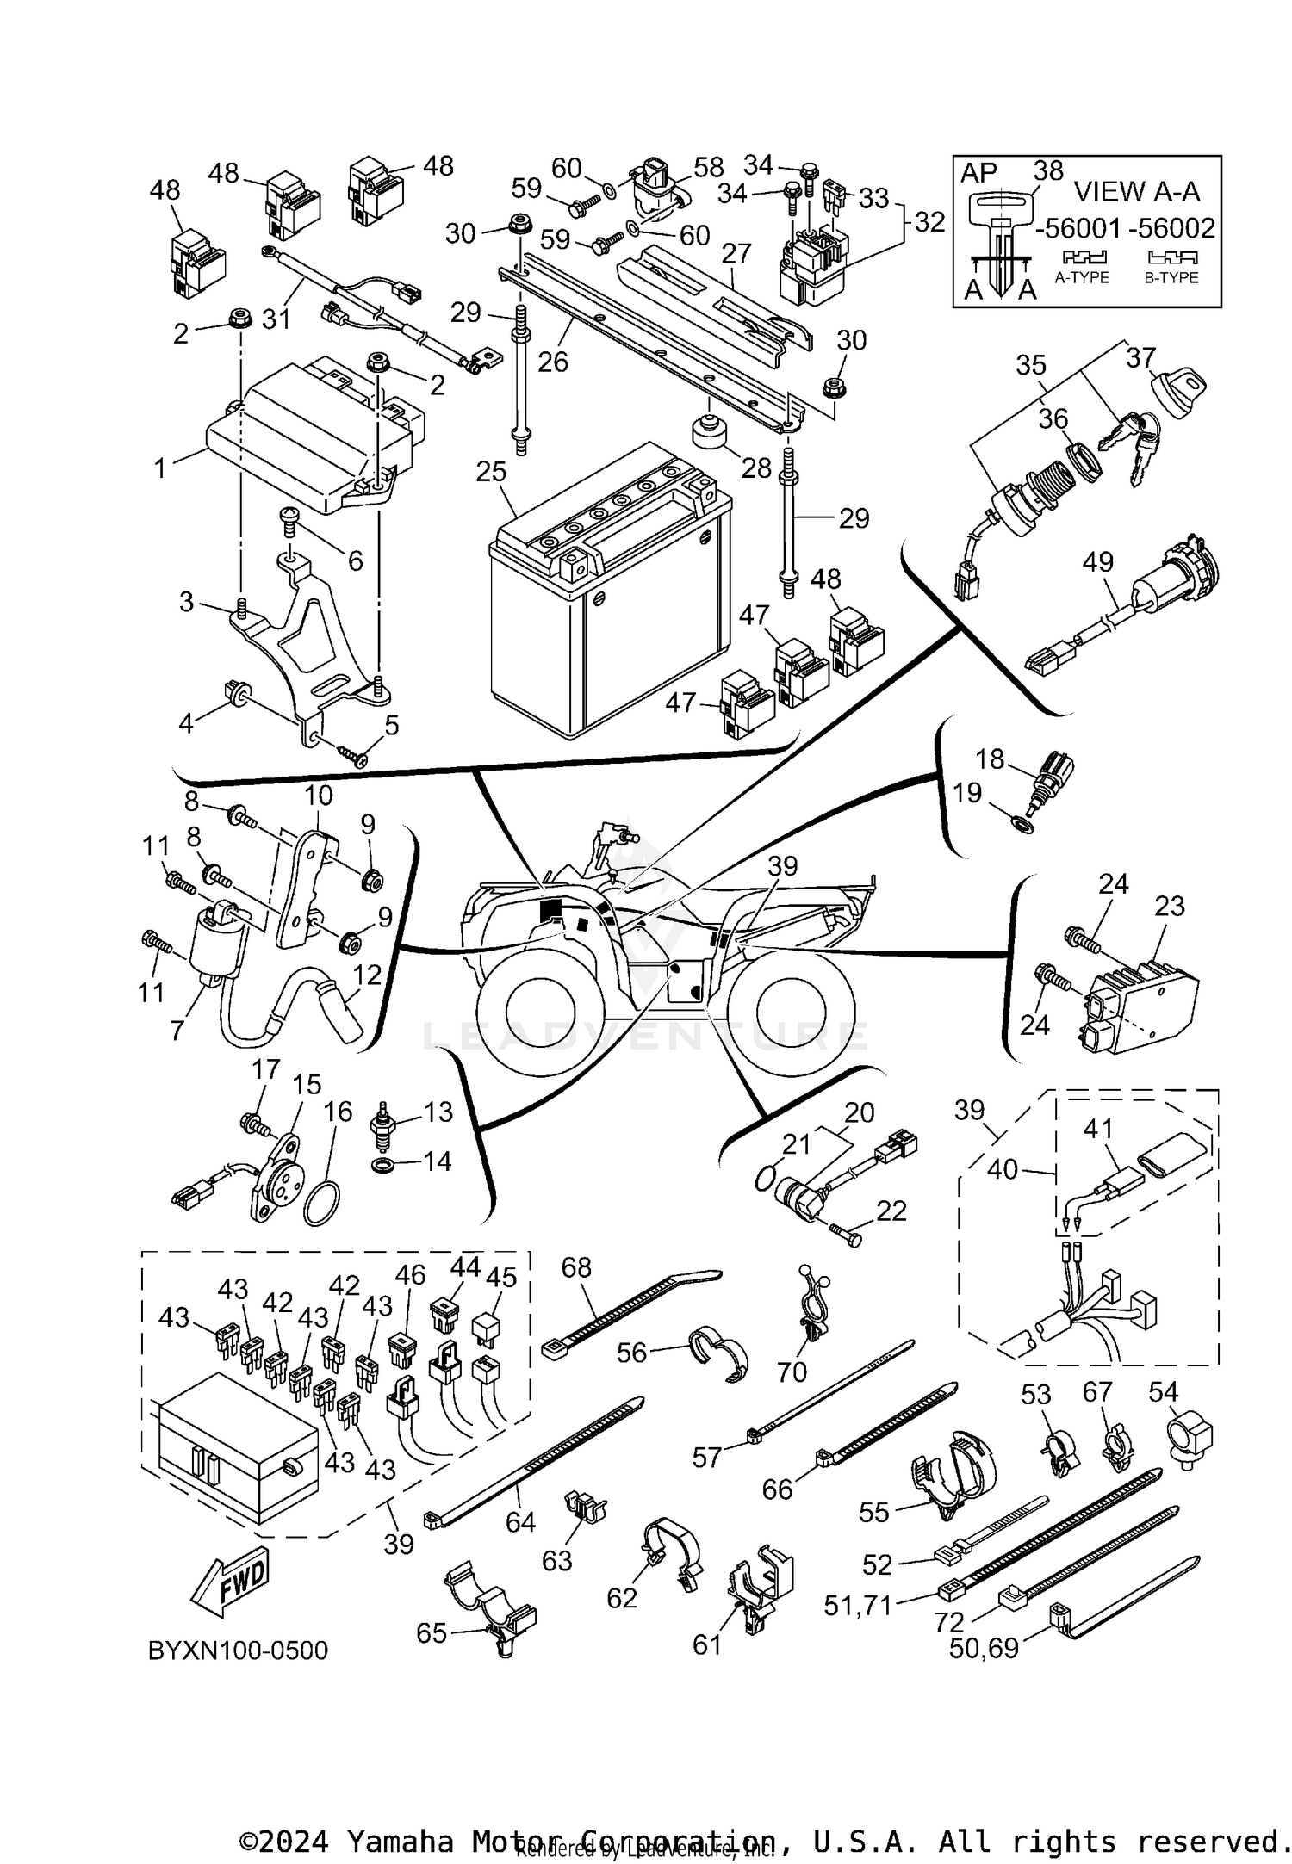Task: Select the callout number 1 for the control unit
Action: coord(159,469)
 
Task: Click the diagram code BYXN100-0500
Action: coord(239,1650)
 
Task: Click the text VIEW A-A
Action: coord(1136,190)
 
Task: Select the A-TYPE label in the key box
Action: coord(1082,277)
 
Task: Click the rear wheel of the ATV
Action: coord(791,1003)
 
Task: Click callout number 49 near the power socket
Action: coord(1098,562)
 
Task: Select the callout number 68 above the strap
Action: coord(576,1266)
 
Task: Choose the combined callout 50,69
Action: coord(984,1648)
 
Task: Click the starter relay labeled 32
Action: coord(811,263)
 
